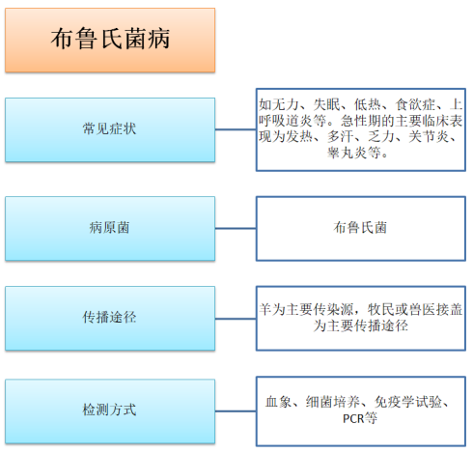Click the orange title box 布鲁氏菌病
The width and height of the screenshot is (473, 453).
click(110, 40)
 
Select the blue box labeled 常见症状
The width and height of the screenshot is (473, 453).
click(110, 129)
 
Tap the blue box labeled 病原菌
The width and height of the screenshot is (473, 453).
click(110, 228)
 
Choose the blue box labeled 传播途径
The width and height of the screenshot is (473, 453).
click(110, 318)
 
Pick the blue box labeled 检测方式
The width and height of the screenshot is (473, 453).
click(110, 411)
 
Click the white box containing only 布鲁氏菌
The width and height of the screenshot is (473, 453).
click(361, 228)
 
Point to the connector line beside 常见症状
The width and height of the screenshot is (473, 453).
click(236, 129)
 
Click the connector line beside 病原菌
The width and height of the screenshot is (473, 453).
click(236, 228)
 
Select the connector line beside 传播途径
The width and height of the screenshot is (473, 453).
click(236, 319)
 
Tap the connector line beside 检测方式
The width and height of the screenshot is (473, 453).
click(236, 411)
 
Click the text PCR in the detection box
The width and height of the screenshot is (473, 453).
click(353, 418)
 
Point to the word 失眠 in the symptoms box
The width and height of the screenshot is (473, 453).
click(326, 104)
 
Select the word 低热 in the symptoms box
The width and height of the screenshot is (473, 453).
click(368, 104)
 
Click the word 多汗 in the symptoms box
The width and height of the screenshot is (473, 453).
click(341, 136)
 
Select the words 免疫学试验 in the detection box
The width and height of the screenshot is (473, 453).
click(408, 402)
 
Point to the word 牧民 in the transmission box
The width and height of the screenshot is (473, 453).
click(381, 309)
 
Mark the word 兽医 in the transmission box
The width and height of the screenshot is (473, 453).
click(422, 309)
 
